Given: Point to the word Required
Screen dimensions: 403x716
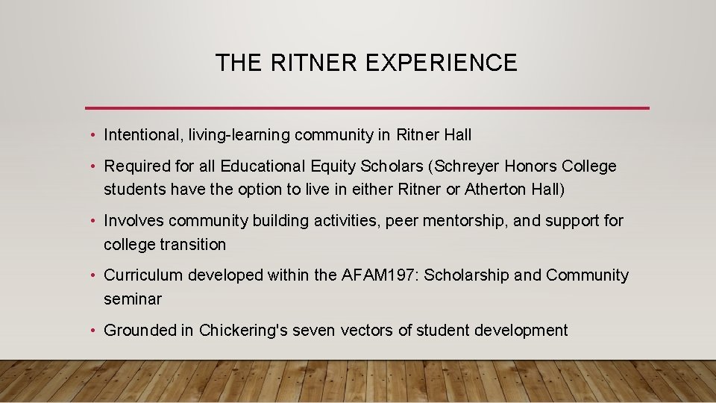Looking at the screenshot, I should [x=134, y=166].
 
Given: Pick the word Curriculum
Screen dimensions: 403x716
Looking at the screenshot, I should [x=143, y=275].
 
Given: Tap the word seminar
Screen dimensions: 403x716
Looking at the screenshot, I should [x=133, y=299].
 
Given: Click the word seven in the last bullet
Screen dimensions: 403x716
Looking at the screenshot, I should [x=319, y=331].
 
